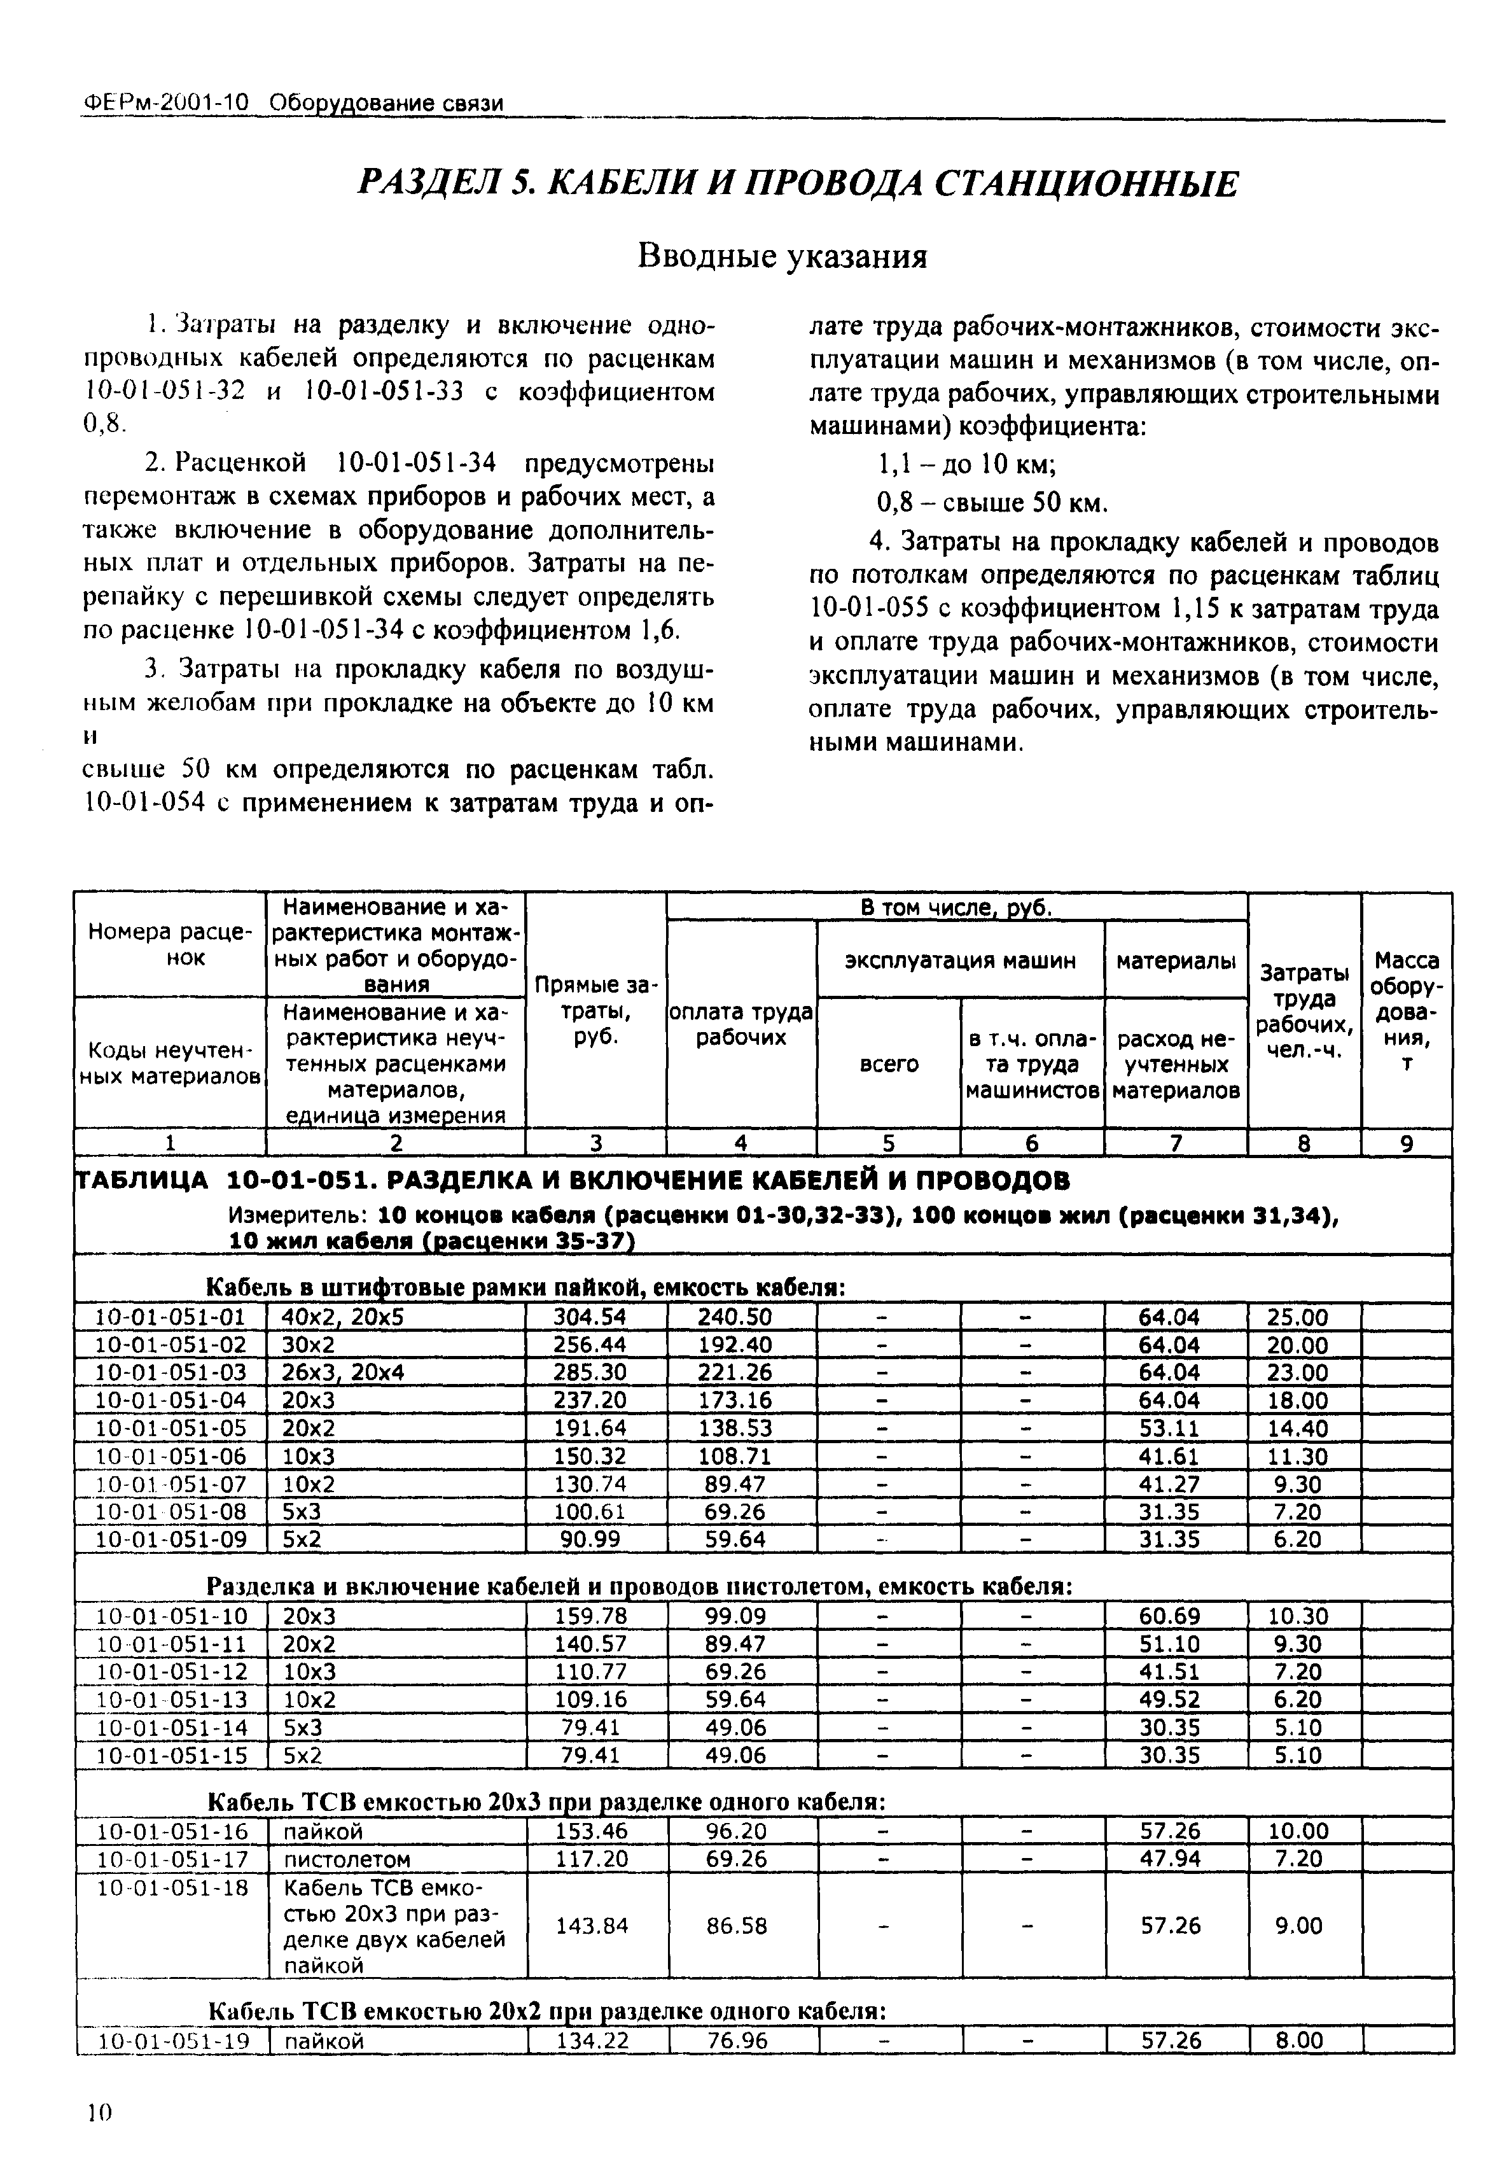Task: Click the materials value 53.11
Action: (x=1169, y=1428)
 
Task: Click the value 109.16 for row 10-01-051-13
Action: (x=590, y=1699)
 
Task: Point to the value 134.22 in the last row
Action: (x=592, y=2040)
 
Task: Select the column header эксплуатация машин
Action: (x=959, y=961)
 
